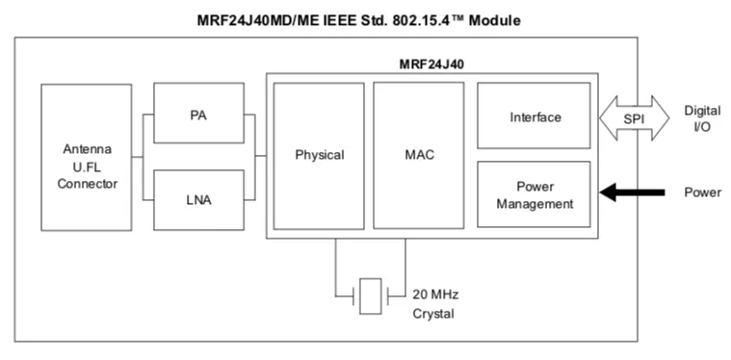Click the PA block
coord(198,113)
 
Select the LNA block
coord(198,200)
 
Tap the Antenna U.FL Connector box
coord(87,158)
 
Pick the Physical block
coord(319,156)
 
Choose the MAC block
coord(419,156)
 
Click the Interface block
coord(534,116)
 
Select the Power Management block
coord(534,194)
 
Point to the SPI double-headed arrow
coord(634,118)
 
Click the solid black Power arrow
coord(632,192)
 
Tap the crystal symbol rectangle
coord(371,296)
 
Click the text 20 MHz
coord(435,295)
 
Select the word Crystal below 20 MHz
coord(433,314)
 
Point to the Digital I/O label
coord(702,118)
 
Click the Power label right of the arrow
coord(702,193)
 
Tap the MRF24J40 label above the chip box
coord(431,64)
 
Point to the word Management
coord(535,203)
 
